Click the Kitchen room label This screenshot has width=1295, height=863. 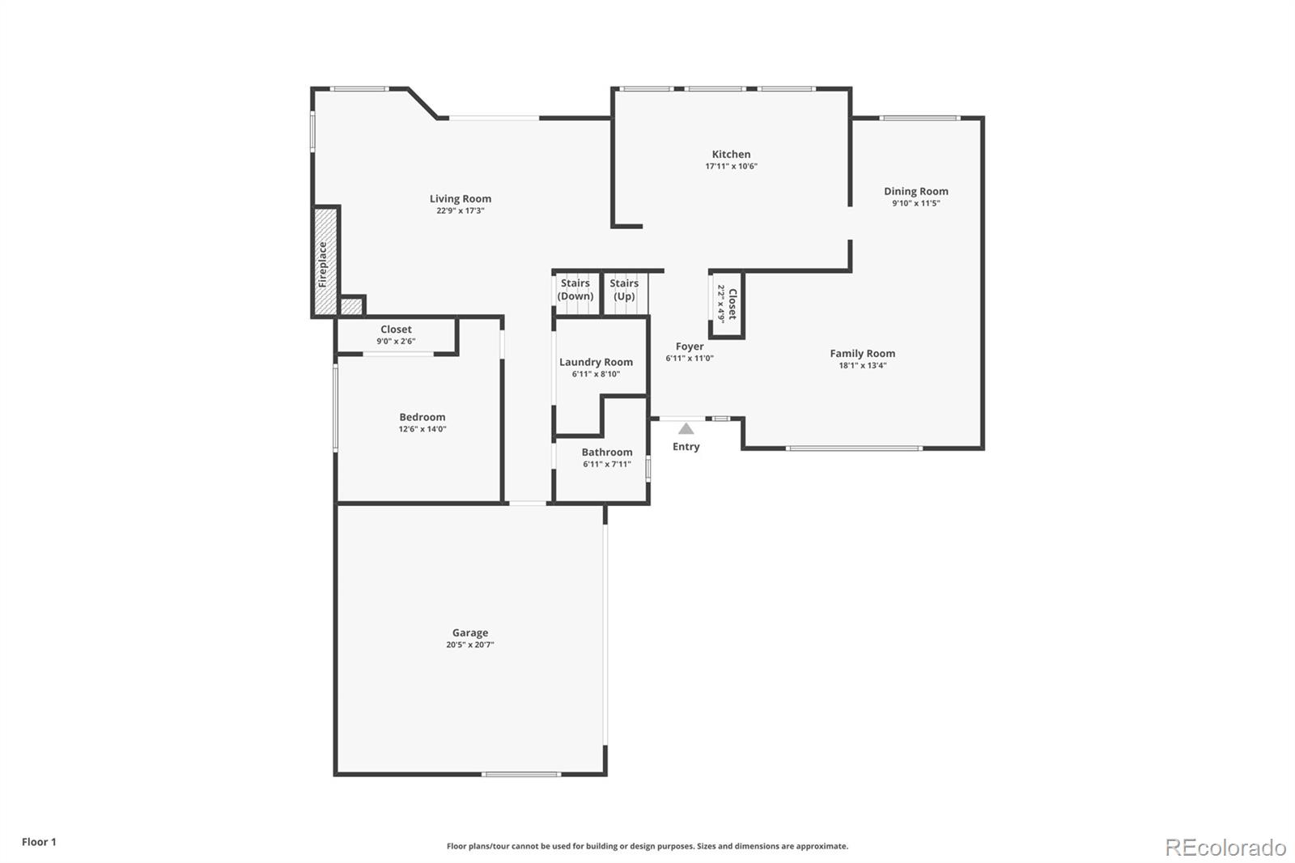731,154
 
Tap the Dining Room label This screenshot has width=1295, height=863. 915,191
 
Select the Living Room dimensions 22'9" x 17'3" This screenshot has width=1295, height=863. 460,210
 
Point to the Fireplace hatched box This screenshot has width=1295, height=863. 325,261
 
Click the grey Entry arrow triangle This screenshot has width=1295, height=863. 686,428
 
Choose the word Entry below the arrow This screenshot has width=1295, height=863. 686,447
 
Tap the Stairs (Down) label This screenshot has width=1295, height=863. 575,289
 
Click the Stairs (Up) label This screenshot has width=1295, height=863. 624,289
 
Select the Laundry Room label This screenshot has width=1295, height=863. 596,362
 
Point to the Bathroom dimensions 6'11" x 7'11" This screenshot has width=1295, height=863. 606,465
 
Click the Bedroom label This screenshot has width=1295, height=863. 422,417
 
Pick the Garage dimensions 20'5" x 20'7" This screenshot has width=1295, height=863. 469,645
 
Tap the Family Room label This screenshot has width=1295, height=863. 862,353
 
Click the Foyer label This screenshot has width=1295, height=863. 690,346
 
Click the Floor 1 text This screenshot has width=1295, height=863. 39,842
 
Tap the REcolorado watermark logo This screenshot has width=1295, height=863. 1225,848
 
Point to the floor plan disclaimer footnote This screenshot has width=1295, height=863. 647,846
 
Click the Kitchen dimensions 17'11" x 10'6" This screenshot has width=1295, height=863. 731,167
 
